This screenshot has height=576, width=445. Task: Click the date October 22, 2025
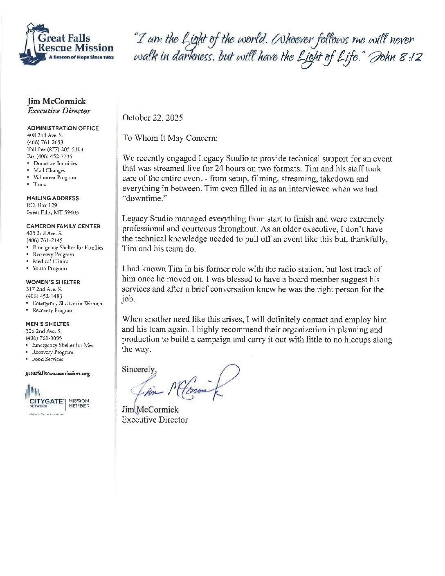coord(153,118)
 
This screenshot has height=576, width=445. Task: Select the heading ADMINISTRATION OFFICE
coord(63,128)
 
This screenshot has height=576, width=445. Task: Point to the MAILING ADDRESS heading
coord(53,198)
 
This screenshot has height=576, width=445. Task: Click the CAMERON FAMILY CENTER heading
coord(63,226)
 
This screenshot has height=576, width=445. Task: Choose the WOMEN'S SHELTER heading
coord(53,282)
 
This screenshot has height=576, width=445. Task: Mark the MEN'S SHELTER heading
coord(48,324)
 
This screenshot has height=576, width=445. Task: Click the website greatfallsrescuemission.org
coord(58,373)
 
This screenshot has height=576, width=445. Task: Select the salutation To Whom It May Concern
coord(170,138)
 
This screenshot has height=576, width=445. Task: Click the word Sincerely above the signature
coord(139,369)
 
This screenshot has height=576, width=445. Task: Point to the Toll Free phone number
coord(55,149)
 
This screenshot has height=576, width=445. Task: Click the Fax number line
coord(50,156)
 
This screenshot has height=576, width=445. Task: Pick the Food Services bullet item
coord(47,359)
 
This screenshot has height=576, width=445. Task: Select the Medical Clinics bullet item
coord(50,261)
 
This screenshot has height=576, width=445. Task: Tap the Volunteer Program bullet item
coord(54,178)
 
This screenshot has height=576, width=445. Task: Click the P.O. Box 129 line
coord(42,205)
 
